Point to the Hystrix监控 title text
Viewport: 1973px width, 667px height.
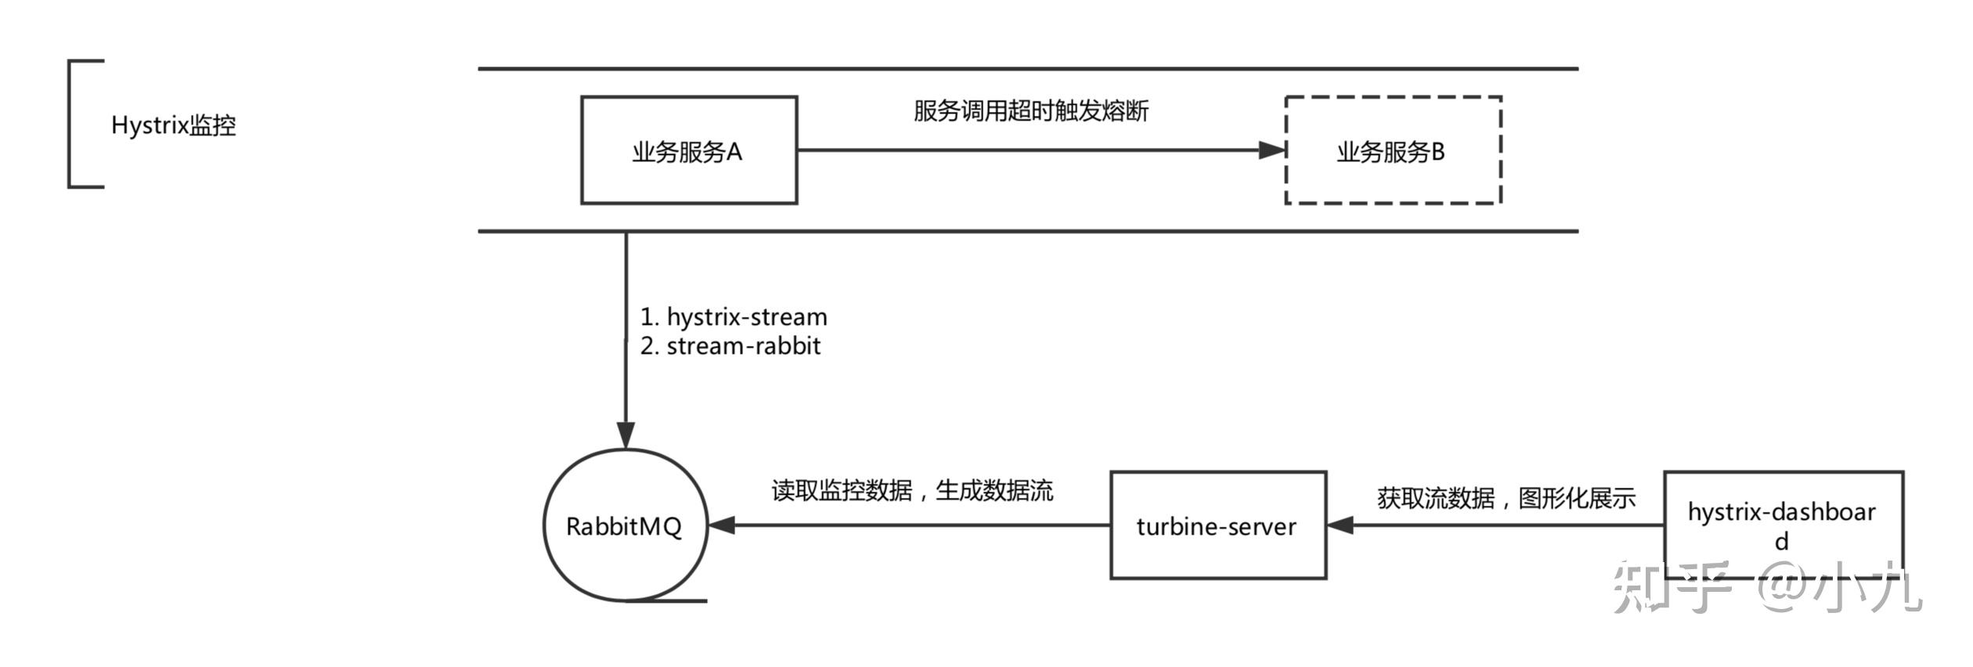click(174, 125)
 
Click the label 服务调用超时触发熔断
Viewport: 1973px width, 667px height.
click(1031, 111)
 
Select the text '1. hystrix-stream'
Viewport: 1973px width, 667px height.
click(734, 317)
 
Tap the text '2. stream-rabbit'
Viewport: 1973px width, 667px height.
click(730, 346)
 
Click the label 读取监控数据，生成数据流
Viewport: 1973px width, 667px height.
click(913, 491)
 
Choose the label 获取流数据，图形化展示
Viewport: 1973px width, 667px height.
click(1506, 498)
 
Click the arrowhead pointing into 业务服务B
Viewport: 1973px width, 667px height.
click(1272, 150)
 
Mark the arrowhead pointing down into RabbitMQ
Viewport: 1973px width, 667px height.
click(626, 436)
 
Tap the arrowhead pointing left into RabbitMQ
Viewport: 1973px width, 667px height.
click(721, 525)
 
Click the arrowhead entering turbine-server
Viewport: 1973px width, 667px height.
click(1340, 525)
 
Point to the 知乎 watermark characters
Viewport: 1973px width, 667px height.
click(1671, 587)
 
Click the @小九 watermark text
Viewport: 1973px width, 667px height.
click(1840, 589)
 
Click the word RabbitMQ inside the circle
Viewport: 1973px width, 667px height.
click(624, 527)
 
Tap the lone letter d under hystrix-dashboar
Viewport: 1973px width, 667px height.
click(1782, 542)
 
